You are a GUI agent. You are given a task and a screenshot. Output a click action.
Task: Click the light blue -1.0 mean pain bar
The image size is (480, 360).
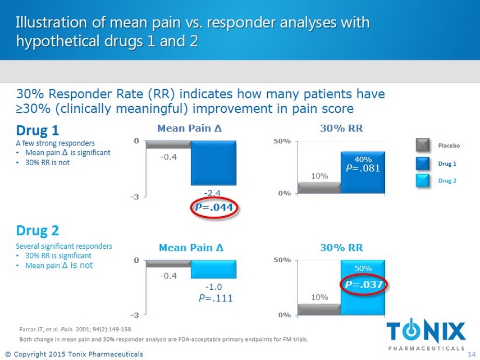tap(213, 270)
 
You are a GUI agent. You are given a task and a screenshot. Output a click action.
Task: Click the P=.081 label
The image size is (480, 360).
tap(363, 168)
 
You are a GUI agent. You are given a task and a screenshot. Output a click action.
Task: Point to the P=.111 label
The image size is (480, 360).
tap(216, 299)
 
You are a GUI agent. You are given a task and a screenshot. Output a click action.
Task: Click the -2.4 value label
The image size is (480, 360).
tap(213, 193)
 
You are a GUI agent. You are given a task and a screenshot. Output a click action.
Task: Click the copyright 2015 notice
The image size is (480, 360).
tap(74, 354)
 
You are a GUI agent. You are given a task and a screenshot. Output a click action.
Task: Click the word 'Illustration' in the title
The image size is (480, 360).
tap(51, 23)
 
